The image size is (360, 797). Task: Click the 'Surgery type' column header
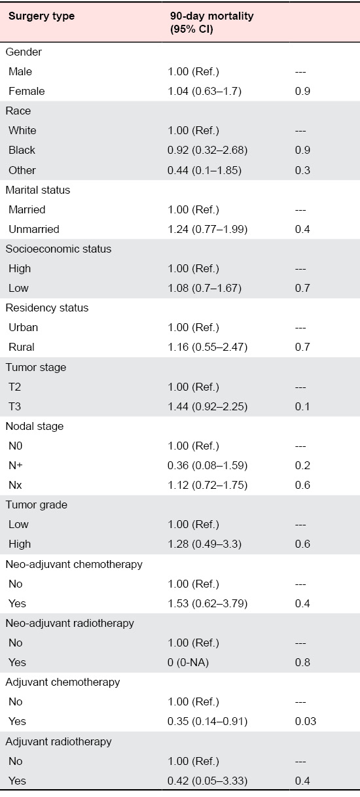pos(42,16)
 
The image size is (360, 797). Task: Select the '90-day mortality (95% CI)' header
pos(212,22)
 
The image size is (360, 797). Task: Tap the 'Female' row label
pos(27,91)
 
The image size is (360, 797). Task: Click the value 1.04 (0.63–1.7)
pos(205,91)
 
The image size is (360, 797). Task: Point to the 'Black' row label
pos(22,150)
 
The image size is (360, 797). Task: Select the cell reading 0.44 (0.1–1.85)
pos(205,170)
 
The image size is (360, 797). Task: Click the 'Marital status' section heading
pos(38,190)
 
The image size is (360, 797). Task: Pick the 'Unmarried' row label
pos(34,229)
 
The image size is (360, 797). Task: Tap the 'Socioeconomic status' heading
pos(58,249)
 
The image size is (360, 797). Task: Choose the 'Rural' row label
pos(22,347)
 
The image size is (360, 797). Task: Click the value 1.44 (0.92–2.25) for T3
pos(207,406)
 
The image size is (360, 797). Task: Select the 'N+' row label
pos(16,465)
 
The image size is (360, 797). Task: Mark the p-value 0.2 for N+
pos(302,465)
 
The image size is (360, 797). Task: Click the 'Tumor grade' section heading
pos(36,505)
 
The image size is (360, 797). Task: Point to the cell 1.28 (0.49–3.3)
pos(205,544)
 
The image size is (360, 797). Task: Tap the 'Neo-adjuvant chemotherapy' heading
pos(74,564)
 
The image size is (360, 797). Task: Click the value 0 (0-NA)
pos(188,662)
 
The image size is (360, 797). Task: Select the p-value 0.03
pos(306,721)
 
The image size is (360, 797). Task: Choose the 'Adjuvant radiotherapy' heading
pos(58,741)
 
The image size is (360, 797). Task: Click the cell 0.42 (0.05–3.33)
pos(207,781)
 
